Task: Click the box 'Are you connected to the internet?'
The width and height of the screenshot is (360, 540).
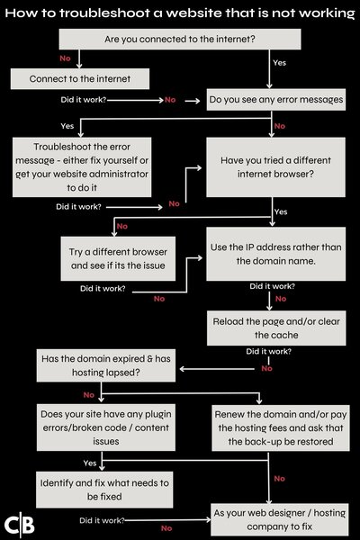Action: pyautogui.click(x=180, y=39)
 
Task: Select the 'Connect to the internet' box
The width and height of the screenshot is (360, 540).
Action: pyautogui.click(x=80, y=78)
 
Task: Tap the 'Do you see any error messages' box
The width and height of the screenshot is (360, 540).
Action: pyautogui.click(x=276, y=100)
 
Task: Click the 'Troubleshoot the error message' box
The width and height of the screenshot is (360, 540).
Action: pyautogui.click(x=82, y=167)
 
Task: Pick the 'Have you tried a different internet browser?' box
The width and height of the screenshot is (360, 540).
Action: pyautogui.click(x=275, y=167)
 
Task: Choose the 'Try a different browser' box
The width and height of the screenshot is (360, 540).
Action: pyautogui.click(x=118, y=258)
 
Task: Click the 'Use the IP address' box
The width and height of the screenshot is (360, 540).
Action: pyautogui.click(x=276, y=254)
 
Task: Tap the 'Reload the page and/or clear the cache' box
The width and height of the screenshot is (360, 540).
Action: pyautogui.click(x=276, y=328)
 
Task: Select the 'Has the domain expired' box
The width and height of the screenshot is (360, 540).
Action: pyautogui.click(x=106, y=365)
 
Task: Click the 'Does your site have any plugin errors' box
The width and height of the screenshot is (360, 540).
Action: pyautogui.click(x=106, y=427)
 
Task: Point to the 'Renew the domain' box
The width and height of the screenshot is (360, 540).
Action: pyautogui.click(x=281, y=427)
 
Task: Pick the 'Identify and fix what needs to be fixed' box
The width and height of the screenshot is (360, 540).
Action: pyautogui.click(x=104, y=490)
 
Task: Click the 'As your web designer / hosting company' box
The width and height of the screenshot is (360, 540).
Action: pyautogui.click(x=280, y=519)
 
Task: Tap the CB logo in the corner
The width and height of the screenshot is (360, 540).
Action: pyautogui.click(x=20, y=525)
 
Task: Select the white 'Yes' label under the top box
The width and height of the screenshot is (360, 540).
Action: pyautogui.click(x=279, y=63)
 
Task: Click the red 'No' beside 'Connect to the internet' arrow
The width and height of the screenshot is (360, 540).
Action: pyautogui.click(x=65, y=58)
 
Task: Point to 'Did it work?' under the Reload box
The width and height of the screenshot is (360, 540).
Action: pyautogui.click(x=268, y=351)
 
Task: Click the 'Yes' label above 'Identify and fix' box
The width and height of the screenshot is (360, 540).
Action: pyautogui.click(x=90, y=463)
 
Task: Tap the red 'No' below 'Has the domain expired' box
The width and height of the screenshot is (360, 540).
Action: pyautogui.click(x=89, y=395)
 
